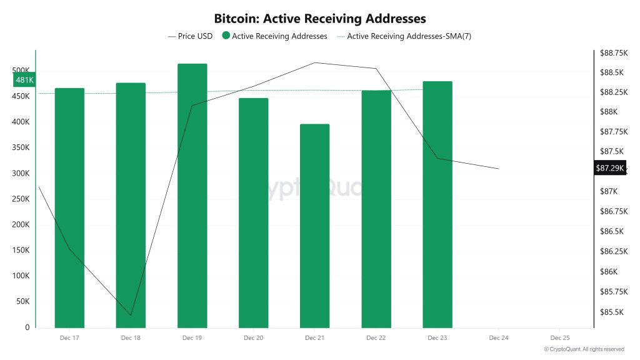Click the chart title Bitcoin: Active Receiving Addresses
[x=319, y=19]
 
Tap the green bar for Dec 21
[x=314, y=225]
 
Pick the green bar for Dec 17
[x=69, y=207]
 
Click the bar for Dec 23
[x=437, y=204]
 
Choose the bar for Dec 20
[x=253, y=212]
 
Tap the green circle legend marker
[x=226, y=36]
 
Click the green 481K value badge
[x=24, y=80]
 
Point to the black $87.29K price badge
[x=609, y=168]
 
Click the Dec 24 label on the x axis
[x=498, y=338]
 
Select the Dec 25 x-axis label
[x=559, y=338]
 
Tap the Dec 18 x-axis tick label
[x=131, y=338]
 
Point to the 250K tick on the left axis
[x=21, y=199]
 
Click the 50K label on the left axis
[x=23, y=301]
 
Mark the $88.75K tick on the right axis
[x=612, y=54]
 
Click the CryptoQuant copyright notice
[x=584, y=349]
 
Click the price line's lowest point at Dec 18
[x=131, y=315]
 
